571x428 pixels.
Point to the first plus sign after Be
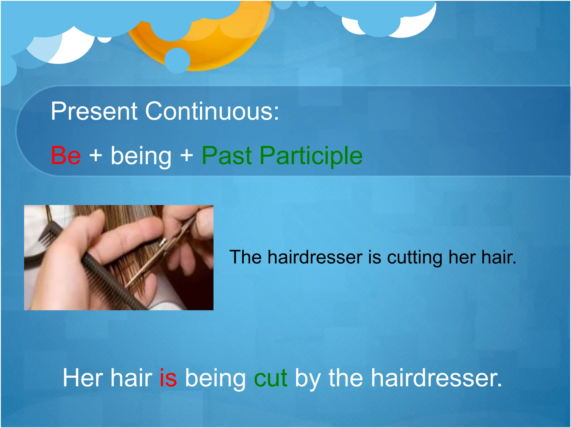[96, 155]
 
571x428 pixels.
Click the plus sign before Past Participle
[187, 155]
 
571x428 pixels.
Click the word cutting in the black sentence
[414, 257]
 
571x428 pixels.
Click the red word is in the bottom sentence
[168, 378]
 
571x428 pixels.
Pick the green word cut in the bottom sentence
[270, 378]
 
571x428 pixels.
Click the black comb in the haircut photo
[112, 281]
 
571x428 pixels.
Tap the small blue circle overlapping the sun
[177, 60]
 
